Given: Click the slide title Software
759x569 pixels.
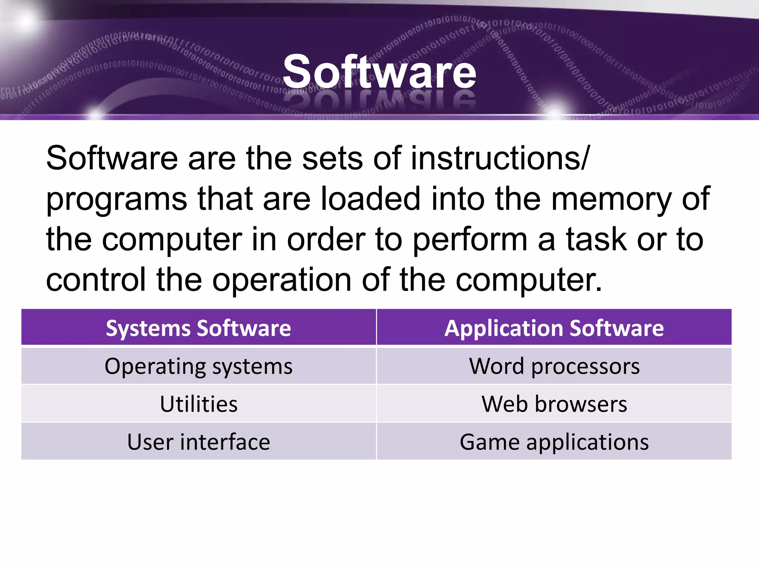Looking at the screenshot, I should [379, 72].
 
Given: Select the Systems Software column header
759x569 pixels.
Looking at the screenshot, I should [198, 328].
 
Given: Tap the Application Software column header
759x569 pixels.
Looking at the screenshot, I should [554, 328].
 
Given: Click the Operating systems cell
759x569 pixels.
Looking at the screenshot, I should [198, 366].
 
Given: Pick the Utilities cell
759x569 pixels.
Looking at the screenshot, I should [198, 404].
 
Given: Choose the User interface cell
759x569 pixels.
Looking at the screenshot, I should [198, 442].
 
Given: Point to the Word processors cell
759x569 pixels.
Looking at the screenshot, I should [554, 366].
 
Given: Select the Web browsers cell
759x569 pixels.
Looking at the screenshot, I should [554, 404].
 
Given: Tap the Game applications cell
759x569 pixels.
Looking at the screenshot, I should [554, 442].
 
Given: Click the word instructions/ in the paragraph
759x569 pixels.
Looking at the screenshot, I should [500, 159].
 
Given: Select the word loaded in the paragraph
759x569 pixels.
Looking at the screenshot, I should [370, 199].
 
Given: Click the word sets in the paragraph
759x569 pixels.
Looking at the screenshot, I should [332, 159].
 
